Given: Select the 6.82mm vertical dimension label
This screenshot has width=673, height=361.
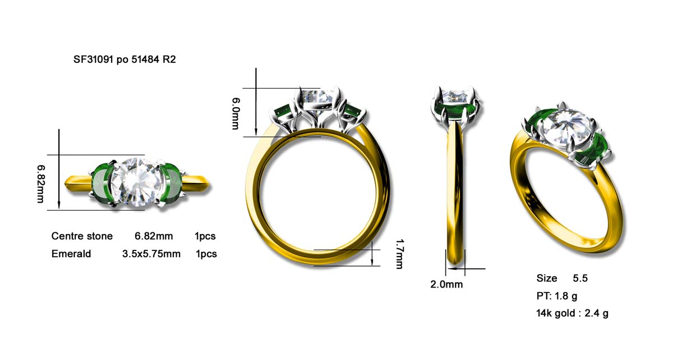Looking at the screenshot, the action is (41, 184).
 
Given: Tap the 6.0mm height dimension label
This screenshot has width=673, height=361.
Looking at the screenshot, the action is (236, 113).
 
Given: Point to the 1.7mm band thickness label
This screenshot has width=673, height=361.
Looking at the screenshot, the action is (399, 254).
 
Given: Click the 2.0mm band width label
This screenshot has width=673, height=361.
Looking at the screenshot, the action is (446, 284).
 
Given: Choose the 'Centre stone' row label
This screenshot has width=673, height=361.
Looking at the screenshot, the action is (82, 236).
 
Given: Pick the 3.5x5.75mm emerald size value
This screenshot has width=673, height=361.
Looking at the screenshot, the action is (151, 254).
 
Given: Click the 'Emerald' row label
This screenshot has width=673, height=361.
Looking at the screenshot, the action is (71, 254).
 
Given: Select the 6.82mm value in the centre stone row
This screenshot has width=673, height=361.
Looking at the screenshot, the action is (154, 236).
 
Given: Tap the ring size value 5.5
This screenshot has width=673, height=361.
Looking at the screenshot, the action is (580, 278).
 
